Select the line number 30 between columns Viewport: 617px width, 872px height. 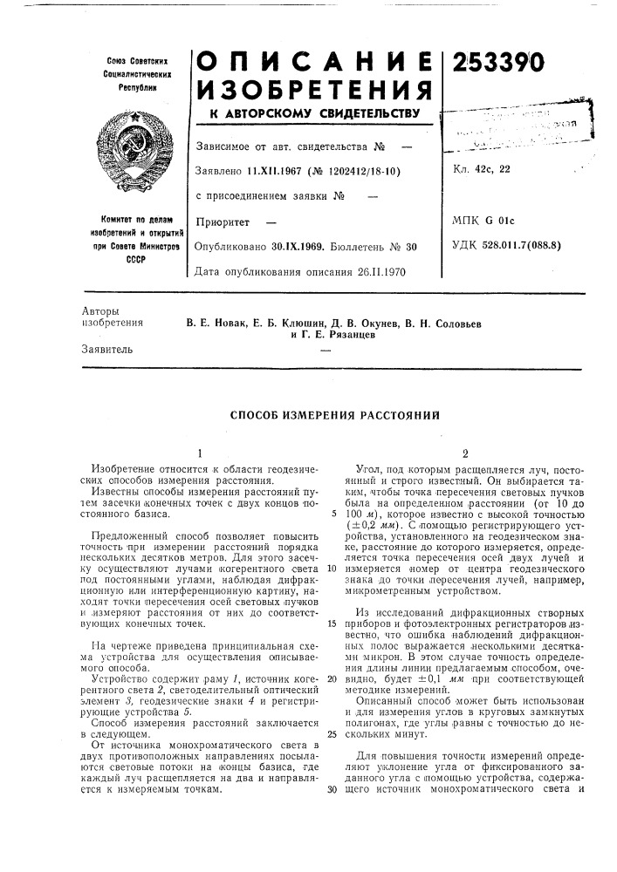tap(332, 790)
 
